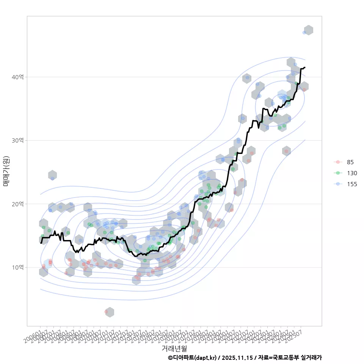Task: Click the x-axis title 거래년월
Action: [174, 348]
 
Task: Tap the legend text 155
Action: [351, 184]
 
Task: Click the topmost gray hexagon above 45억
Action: [309, 30]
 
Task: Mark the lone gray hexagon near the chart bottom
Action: [110, 312]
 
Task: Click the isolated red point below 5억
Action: [106, 312]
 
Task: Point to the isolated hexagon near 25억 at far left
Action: [52, 175]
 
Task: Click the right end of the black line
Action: [305, 67]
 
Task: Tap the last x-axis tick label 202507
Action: [293, 335]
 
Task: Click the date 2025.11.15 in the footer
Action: [237, 358]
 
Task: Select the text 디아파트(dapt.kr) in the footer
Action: [195, 358]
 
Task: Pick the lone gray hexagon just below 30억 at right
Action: [286, 151]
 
